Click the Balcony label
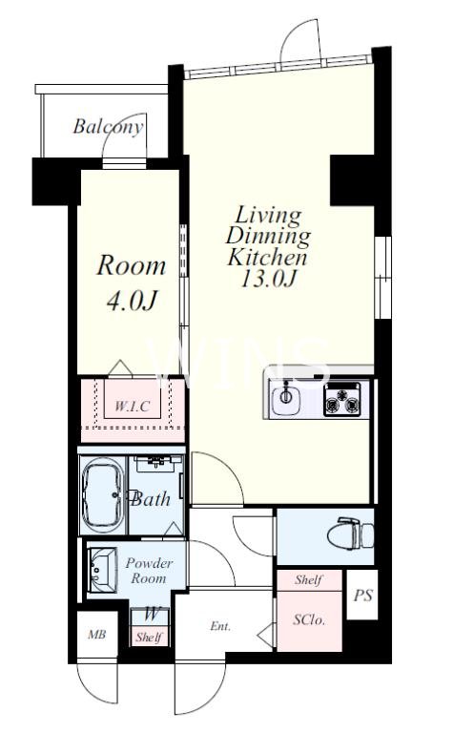click(108, 127)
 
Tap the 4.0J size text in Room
click(131, 302)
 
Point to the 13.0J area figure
click(269, 279)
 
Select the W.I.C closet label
click(133, 406)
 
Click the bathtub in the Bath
click(103, 495)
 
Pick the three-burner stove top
click(342, 399)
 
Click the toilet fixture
click(350, 533)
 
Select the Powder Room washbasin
click(102, 570)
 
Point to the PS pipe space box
click(362, 595)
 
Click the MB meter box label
click(97, 635)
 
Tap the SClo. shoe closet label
click(309, 620)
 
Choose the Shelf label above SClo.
click(309, 580)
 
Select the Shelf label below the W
click(150, 637)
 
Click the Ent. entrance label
click(220, 626)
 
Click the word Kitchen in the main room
click(267, 257)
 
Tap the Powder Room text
click(150, 571)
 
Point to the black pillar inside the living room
click(352, 180)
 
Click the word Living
click(268, 216)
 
